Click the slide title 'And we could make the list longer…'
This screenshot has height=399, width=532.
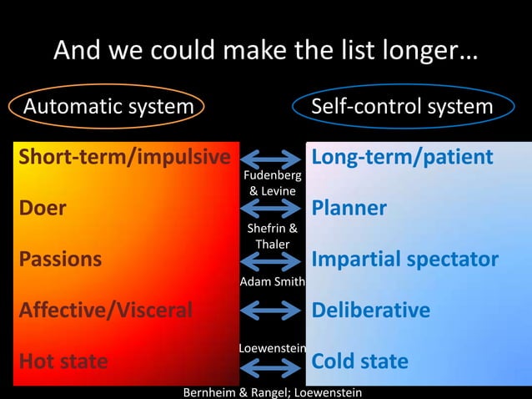(266, 52)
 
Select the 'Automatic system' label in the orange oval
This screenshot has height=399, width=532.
(108, 107)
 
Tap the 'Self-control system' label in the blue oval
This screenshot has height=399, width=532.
(401, 107)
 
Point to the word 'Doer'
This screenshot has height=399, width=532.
(43, 208)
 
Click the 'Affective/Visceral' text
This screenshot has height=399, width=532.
(106, 311)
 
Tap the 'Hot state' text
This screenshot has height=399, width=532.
(63, 361)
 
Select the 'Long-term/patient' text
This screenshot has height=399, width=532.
(402, 157)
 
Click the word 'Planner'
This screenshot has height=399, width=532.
(349, 208)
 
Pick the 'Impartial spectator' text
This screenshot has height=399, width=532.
(404, 259)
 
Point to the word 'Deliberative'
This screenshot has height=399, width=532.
(370, 311)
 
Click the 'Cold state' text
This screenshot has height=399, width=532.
(359, 361)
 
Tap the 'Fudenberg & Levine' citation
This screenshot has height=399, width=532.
(272, 184)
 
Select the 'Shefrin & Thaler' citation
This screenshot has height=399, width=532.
(272, 235)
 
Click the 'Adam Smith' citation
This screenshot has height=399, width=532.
(272, 282)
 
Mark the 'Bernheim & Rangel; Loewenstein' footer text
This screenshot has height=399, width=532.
(272, 391)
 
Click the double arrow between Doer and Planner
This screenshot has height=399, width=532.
(272, 209)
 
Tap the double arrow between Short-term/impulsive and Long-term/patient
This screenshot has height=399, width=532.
(272, 158)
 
